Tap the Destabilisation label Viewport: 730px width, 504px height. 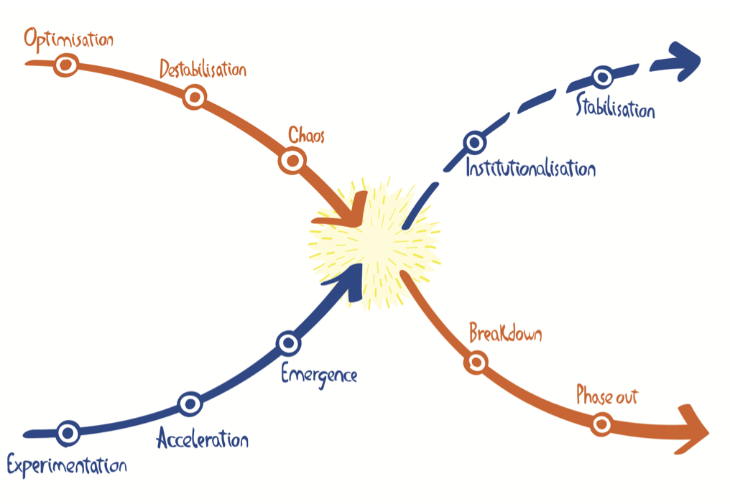[203, 70]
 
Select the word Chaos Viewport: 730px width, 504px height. [306, 135]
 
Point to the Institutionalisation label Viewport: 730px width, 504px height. [530, 169]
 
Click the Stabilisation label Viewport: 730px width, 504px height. [616, 109]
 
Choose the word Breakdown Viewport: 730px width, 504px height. [505, 334]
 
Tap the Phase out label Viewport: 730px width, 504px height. [607, 396]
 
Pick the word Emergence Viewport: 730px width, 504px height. [319, 374]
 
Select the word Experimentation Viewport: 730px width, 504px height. [66, 465]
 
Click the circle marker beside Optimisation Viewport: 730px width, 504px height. [67, 65]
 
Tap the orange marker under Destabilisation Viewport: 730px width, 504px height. [194, 97]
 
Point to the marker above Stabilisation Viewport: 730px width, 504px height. [602, 76]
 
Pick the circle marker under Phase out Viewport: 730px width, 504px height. [602, 424]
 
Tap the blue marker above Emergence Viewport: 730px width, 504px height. [287, 343]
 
